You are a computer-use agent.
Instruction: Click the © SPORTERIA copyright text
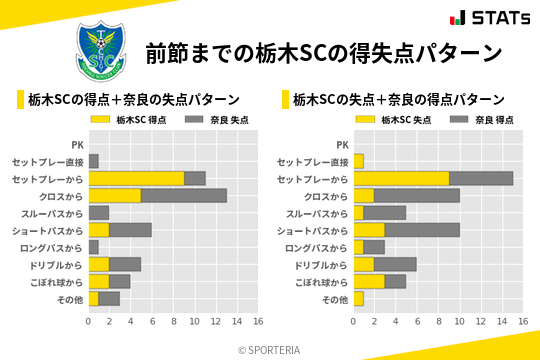coord(270,349)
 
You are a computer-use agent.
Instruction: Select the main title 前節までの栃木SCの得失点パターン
coord(323,52)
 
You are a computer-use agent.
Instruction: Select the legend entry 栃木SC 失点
coord(405,120)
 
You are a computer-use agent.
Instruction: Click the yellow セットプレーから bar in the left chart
coord(136,178)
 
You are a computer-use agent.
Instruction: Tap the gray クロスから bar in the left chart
coord(184,195)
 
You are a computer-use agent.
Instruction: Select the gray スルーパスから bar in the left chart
coord(99,213)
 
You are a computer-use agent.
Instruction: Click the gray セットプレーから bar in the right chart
coord(481,178)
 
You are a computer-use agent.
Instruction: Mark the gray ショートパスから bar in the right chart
coord(422,230)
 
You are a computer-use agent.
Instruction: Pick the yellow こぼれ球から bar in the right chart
coord(369,281)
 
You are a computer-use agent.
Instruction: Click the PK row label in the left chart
coord(77,144)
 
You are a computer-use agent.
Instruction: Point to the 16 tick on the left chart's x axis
coord(257,321)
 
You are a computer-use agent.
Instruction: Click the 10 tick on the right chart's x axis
coord(459,321)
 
